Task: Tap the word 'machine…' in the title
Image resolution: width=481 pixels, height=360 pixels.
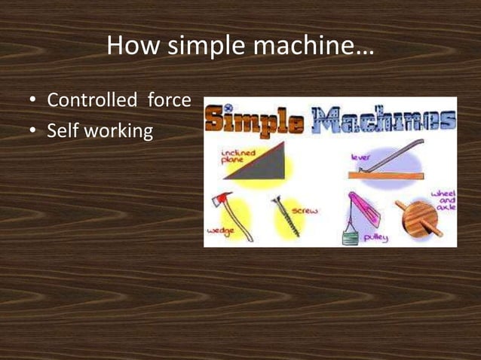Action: pos(316,47)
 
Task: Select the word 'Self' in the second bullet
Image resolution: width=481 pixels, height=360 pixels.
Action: pos(62,131)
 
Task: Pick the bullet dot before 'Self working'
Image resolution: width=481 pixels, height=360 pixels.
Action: pos(33,132)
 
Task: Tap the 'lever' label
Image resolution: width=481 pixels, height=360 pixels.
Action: pos(360,156)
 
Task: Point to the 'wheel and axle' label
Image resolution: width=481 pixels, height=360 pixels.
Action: pos(443,200)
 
